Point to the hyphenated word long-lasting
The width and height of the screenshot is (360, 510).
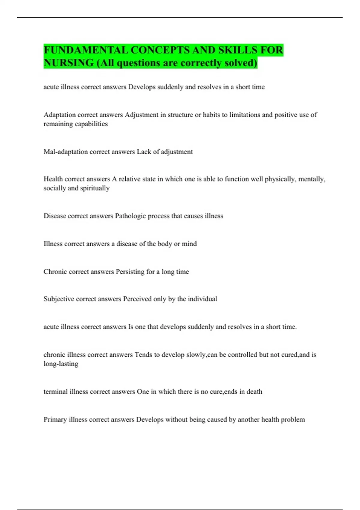coord(61,364)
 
